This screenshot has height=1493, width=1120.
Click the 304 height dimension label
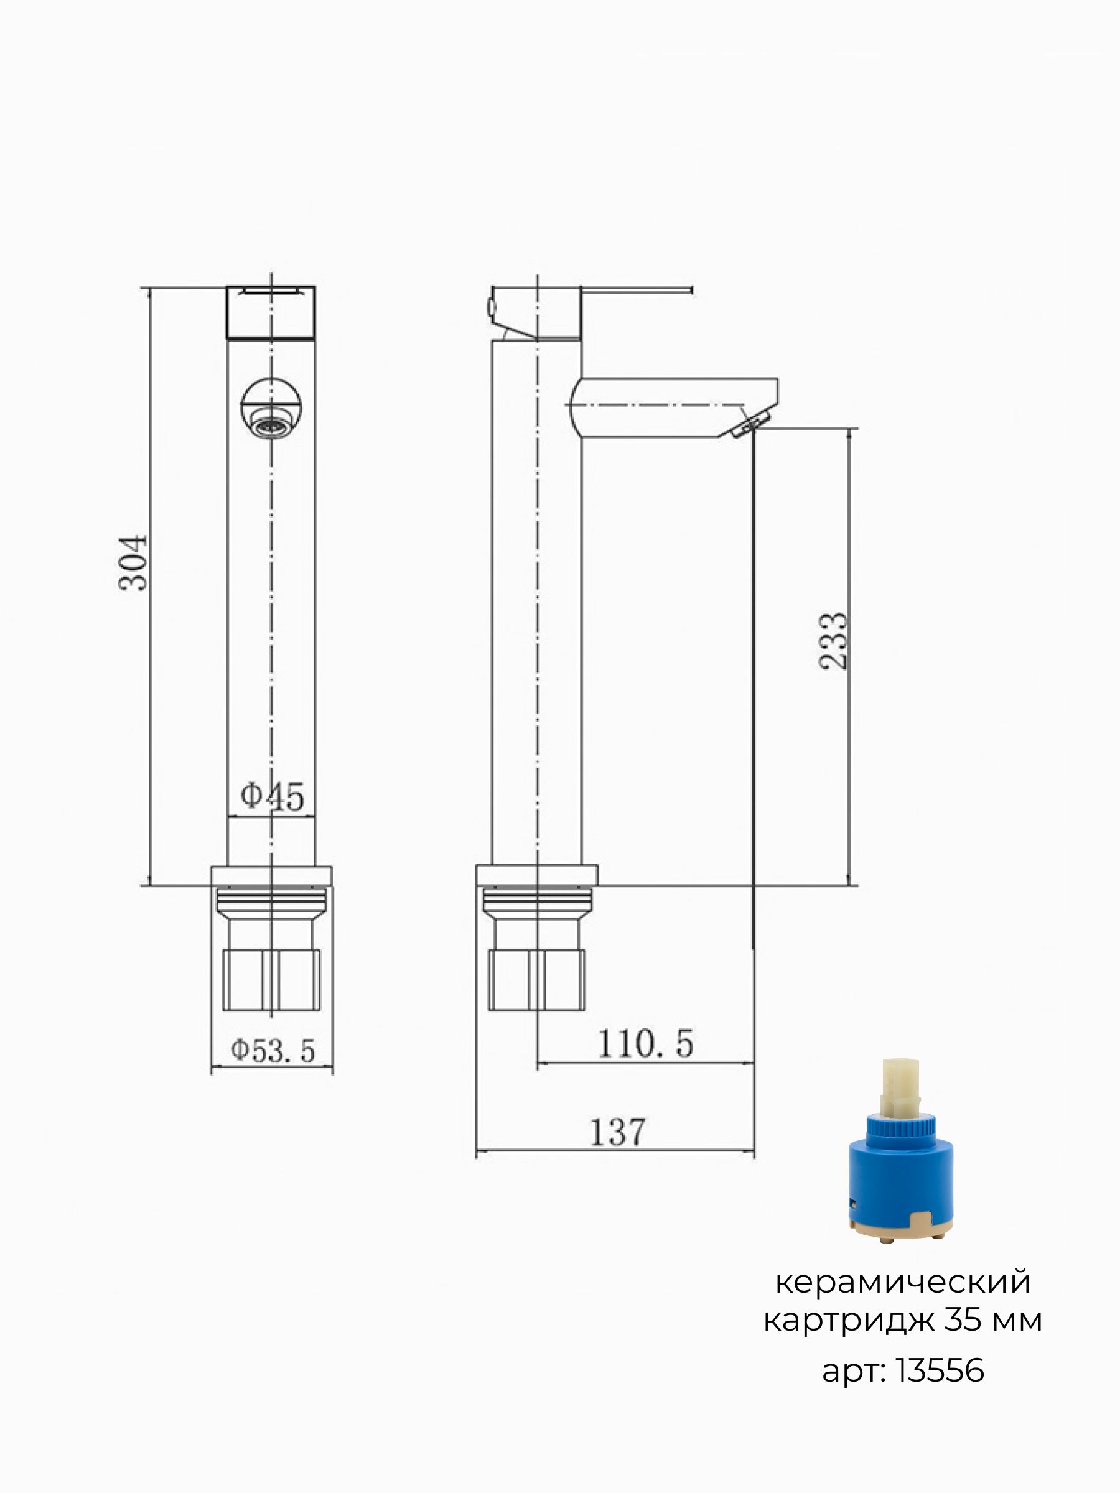click(133, 563)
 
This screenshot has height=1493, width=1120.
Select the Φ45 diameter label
click(273, 796)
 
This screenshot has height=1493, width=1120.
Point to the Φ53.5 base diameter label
click(273, 1051)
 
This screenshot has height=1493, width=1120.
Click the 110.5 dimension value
click(645, 1043)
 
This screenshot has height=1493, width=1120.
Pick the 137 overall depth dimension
click(618, 1132)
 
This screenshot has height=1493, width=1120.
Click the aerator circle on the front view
click(271, 408)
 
